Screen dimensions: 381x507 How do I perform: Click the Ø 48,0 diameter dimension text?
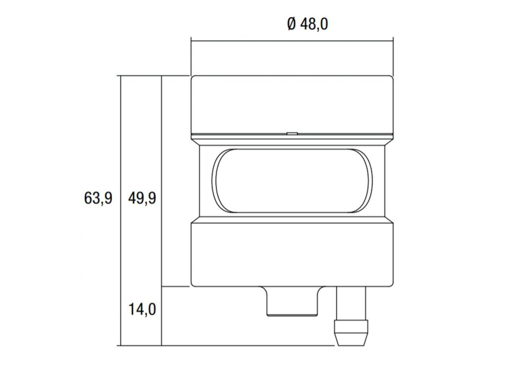[x=307, y=24]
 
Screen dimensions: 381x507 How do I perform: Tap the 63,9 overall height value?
[x=98, y=198]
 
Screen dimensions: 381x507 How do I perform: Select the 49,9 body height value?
[x=142, y=198]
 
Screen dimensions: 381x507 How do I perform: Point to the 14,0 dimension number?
[x=142, y=309]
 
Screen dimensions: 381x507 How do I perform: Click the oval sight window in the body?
[x=292, y=180]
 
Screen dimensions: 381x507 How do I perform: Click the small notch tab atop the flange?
[x=292, y=134]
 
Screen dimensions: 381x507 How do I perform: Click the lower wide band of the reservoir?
[x=292, y=254]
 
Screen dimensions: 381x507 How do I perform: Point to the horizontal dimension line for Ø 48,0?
[x=292, y=41]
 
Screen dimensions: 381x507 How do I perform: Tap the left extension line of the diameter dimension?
[x=191, y=56]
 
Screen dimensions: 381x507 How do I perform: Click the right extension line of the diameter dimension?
[x=393, y=56]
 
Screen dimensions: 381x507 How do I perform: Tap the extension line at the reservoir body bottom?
[x=176, y=287]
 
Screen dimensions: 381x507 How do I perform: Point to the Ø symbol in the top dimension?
[x=291, y=24]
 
